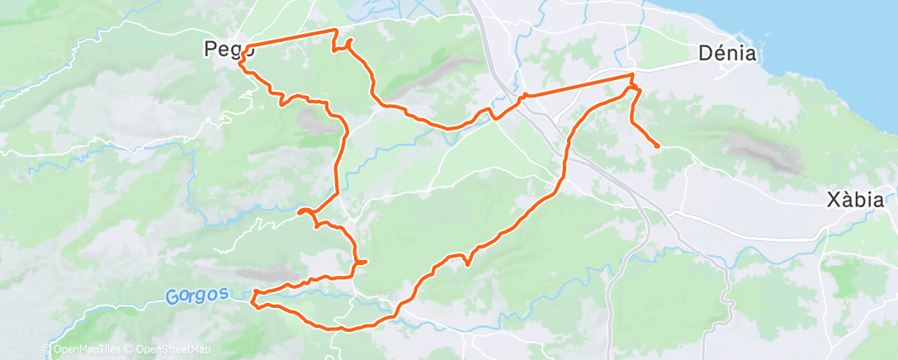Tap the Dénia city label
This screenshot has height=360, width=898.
[728, 54]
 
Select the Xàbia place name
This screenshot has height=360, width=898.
[856, 200]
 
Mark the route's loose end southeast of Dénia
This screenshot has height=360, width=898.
[657, 147]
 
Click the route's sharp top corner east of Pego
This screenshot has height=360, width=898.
[336, 31]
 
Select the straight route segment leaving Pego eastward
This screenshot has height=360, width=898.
[289, 38]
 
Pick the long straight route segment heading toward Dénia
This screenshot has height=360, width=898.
[578, 86]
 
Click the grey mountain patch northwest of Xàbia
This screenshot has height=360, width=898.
[763, 153]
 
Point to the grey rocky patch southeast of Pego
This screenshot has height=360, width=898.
[312, 122]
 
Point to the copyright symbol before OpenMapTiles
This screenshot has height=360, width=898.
[48, 350]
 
